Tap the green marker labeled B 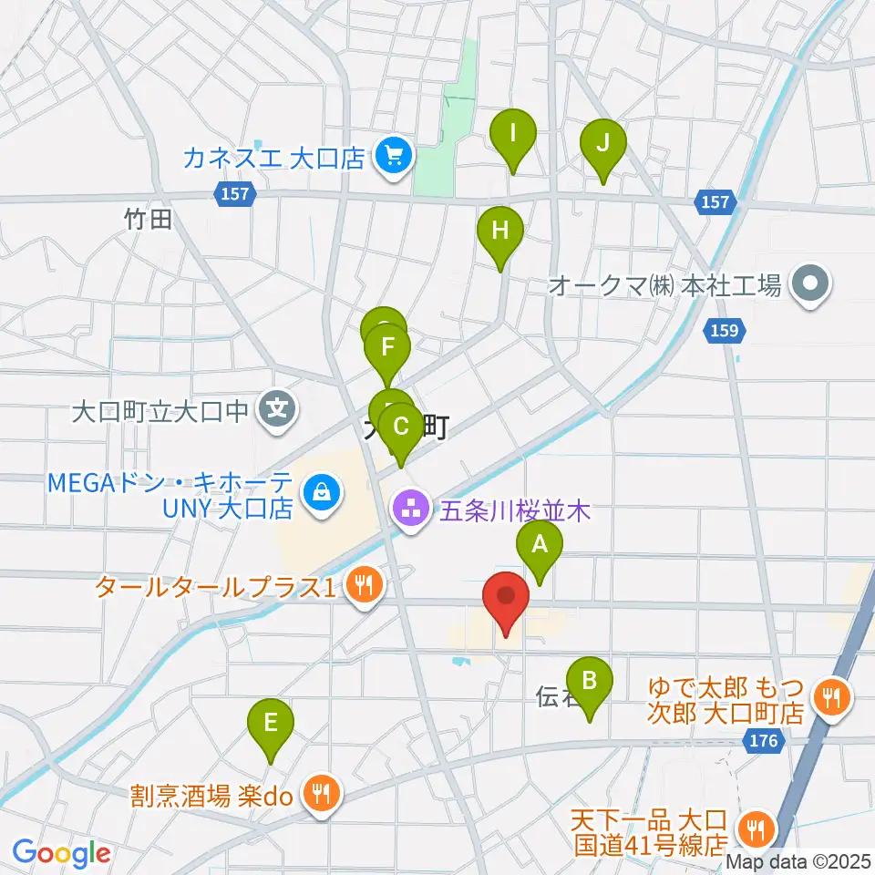[590, 682]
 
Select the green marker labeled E [271, 726]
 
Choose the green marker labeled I [513, 136]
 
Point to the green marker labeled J [602, 144]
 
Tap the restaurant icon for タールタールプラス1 [365, 586]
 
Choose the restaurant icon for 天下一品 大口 [756, 829]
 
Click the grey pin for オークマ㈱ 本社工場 [809, 285]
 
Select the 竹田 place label [149, 219]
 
